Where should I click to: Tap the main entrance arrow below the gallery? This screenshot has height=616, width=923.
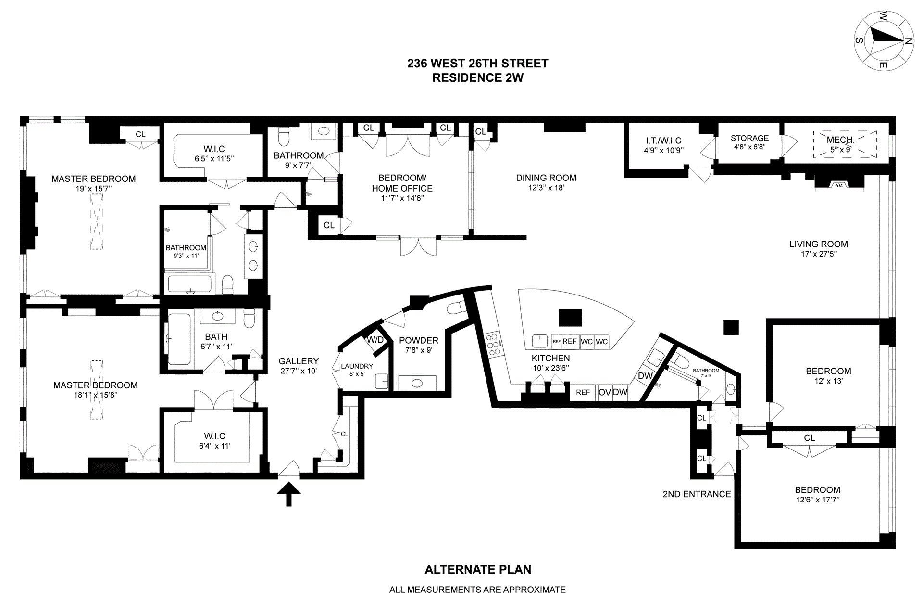click(289, 495)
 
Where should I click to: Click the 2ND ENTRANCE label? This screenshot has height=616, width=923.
click(697, 494)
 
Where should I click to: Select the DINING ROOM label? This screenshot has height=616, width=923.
click(546, 178)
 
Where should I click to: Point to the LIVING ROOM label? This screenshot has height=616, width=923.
click(819, 244)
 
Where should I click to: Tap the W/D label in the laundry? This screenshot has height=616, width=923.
click(375, 340)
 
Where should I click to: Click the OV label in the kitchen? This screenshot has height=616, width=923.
click(604, 392)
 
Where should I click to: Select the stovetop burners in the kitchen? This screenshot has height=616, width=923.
click(493, 344)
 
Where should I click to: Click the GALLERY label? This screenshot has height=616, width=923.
click(299, 361)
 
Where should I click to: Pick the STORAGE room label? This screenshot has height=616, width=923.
click(749, 138)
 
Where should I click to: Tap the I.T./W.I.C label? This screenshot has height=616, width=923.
click(663, 141)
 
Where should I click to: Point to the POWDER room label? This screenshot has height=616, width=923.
click(419, 340)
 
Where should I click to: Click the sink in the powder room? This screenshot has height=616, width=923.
click(417, 384)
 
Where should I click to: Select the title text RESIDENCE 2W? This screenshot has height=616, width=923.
click(477, 78)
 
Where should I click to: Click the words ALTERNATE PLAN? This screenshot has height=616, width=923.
click(478, 570)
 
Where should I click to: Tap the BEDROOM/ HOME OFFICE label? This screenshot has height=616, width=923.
click(402, 183)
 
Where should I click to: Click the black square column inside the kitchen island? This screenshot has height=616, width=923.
click(570, 318)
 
